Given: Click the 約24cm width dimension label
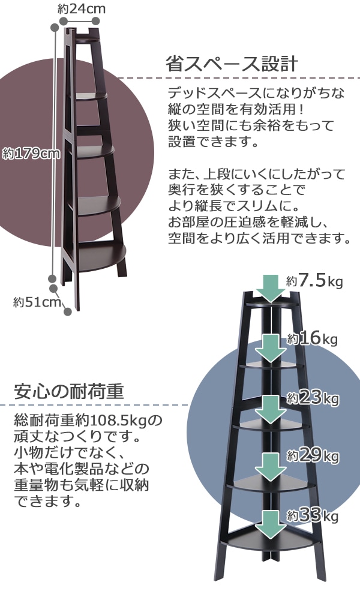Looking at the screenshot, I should point(82,8).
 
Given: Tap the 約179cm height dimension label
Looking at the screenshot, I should point(31,153).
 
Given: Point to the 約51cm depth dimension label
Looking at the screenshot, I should point(37,301).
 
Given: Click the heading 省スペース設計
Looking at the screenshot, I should point(231,64).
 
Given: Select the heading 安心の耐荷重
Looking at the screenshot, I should point(68,392).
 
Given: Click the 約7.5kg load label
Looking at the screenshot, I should point(314,280).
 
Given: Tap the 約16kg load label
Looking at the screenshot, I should point(312,339).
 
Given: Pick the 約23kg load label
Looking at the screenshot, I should point(313,398).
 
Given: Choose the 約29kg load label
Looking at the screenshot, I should point(313,457).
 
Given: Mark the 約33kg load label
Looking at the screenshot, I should point(313,515).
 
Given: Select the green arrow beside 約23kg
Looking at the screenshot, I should point(273,409).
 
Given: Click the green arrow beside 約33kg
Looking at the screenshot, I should point(273,525).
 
